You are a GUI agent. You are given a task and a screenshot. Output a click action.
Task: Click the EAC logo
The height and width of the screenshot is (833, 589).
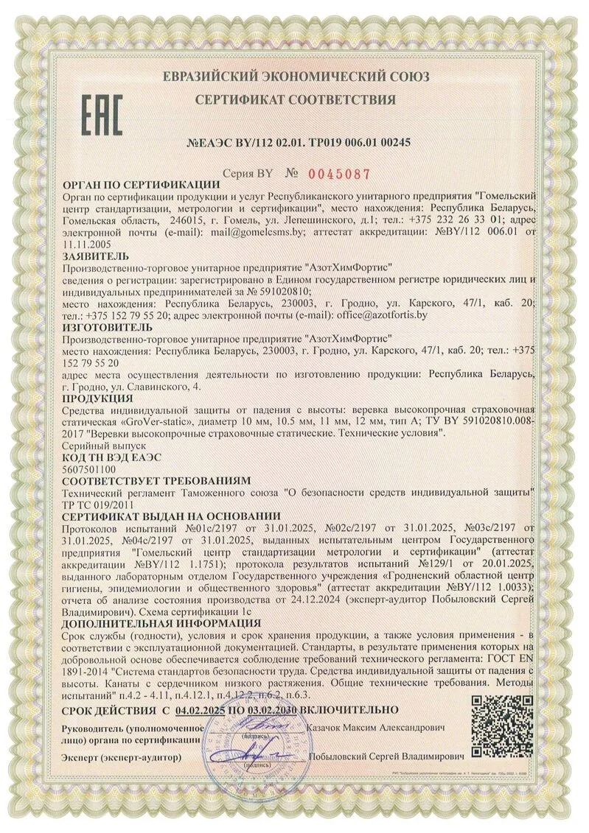point(101,116)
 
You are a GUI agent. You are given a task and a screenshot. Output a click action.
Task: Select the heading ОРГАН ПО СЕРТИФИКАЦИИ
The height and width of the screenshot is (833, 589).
point(142,185)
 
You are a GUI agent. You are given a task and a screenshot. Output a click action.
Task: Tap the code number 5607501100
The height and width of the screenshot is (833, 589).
point(91,468)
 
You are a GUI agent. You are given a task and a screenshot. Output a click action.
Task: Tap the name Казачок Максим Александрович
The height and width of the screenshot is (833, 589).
point(374,728)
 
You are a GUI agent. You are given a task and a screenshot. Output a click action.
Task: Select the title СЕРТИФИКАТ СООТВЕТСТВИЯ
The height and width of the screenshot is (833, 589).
point(296,99)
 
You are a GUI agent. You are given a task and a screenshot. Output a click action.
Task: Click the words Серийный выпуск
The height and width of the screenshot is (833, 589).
point(105,446)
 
